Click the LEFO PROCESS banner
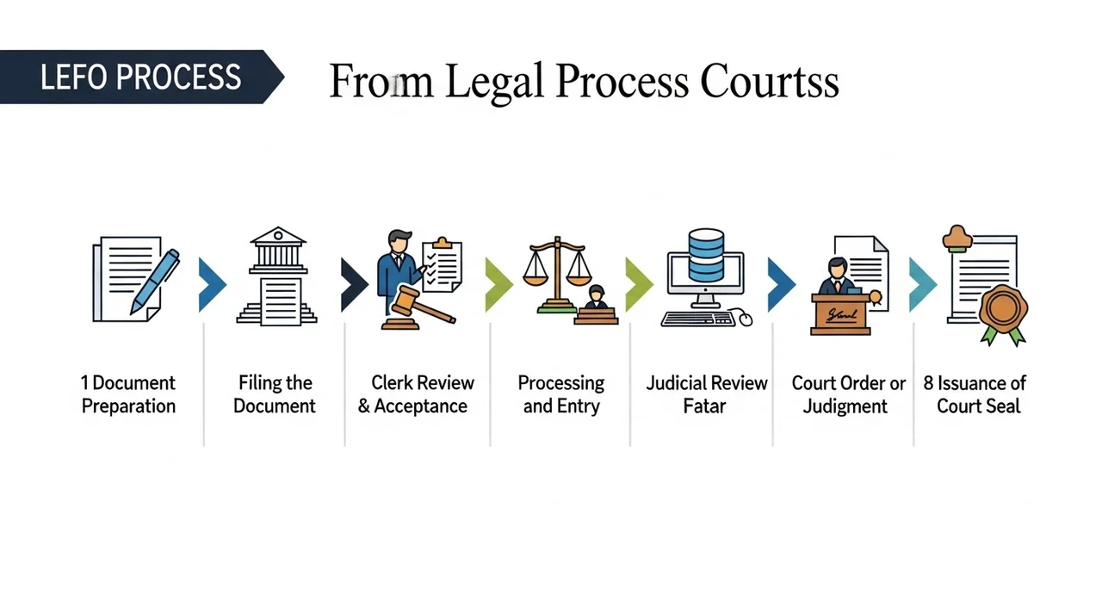pos(140,77)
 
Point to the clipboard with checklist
pos(442,265)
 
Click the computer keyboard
pos(698,319)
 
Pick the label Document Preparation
pos(128,394)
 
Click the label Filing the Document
pos(275,394)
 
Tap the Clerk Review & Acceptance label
pos(417,394)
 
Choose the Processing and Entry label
pos(560,394)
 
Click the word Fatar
pos(705,406)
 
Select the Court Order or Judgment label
pos(848,394)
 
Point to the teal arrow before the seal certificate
pos(922,284)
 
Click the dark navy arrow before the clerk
pos(353,284)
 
